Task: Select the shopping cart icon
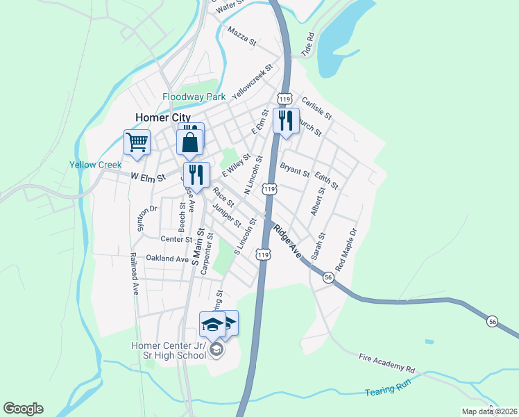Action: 137,142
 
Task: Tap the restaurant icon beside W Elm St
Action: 196,174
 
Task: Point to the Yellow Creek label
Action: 95,165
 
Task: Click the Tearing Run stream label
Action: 389,393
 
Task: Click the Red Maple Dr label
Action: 346,250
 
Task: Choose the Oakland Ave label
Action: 167,259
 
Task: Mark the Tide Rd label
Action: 308,44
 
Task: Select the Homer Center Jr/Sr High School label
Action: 169,350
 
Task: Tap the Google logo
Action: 24,409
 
